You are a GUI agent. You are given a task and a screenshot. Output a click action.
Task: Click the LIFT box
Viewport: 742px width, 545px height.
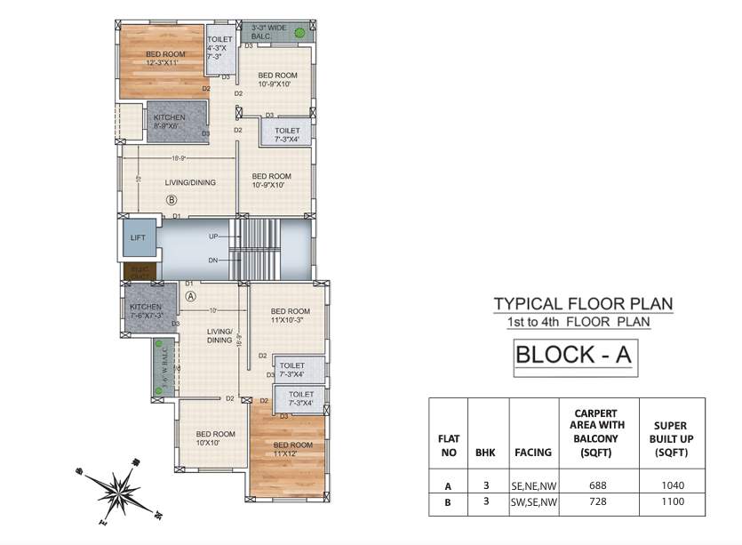pyautogui.click(x=137, y=238)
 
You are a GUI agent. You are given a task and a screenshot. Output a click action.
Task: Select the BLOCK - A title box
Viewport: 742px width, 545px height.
pyautogui.click(x=573, y=355)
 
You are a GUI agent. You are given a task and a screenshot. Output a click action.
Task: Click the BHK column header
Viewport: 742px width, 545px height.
pyautogui.click(x=488, y=452)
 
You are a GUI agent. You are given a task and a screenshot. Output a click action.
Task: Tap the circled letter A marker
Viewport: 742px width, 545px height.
pyautogui.click(x=190, y=294)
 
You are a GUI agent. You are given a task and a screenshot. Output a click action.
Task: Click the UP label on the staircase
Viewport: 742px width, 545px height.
pyautogui.click(x=213, y=236)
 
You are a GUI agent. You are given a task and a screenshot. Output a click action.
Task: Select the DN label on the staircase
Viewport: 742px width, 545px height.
pyautogui.click(x=213, y=260)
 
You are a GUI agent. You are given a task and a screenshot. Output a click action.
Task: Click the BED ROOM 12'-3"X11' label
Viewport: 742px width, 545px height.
pyautogui.click(x=165, y=59)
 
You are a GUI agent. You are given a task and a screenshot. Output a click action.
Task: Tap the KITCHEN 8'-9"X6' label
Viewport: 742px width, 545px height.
pyautogui.click(x=170, y=122)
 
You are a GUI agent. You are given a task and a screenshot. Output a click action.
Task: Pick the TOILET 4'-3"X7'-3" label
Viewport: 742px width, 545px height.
pyautogui.click(x=219, y=48)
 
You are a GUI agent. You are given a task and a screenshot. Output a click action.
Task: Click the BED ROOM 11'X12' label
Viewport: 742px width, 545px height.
pyautogui.click(x=292, y=449)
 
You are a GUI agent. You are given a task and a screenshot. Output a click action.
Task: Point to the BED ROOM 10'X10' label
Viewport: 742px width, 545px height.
pyautogui.click(x=215, y=437)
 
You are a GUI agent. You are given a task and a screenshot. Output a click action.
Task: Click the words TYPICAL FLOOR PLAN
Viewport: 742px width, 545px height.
pyautogui.click(x=583, y=304)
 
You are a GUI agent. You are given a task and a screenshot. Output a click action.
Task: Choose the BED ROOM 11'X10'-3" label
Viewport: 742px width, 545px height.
pyautogui.click(x=290, y=317)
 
